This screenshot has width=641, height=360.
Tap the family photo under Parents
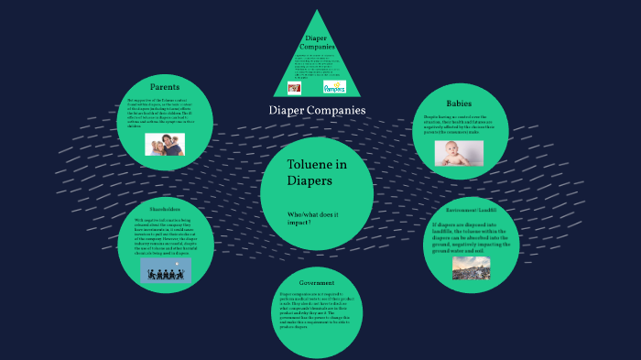pos(164,144)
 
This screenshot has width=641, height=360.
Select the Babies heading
pos(459,103)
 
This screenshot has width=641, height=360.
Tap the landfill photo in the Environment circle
pos(471,267)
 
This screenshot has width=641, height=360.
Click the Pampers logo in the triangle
pos(335,87)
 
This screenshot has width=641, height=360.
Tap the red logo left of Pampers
pos(294,87)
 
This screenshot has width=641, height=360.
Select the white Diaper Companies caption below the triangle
pos(317,111)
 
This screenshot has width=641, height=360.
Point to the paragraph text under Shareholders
pos(166,236)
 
